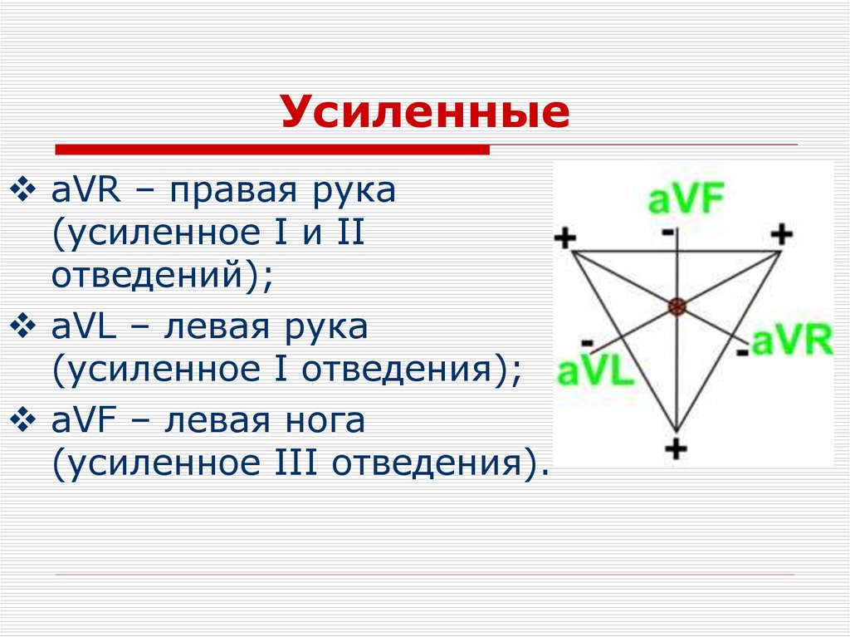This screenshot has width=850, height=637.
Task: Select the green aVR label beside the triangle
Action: (792, 341)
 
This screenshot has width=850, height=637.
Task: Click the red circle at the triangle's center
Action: (677, 307)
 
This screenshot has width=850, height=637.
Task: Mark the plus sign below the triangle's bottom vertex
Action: (677, 448)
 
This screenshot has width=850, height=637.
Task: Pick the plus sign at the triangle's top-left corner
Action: (564, 239)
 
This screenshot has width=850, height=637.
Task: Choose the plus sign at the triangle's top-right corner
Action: (781, 234)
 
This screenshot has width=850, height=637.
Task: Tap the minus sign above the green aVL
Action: (587, 342)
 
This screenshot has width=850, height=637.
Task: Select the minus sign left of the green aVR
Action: (742, 353)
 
